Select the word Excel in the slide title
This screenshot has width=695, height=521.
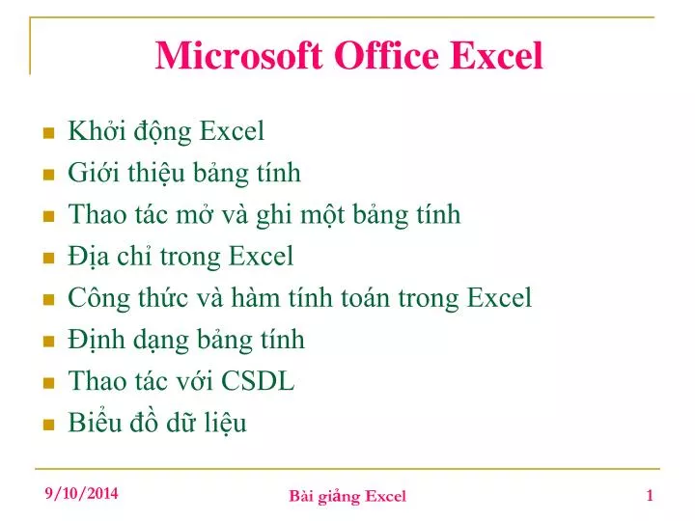click(497, 55)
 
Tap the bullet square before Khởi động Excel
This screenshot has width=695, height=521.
click(47, 133)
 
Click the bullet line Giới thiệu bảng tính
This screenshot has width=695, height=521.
click(184, 173)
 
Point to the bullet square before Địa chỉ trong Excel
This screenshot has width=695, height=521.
click(47, 258)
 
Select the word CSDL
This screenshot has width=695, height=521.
click(258, 381)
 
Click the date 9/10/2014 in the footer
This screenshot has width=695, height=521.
click(82, 493)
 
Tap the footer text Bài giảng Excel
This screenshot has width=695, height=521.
click(347, 496)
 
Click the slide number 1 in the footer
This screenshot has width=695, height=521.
click(650, 495)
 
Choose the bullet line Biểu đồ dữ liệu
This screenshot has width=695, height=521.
click(157, 423)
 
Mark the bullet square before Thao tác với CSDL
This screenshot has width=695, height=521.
click(47, 383)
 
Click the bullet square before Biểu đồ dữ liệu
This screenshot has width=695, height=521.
click(47, 425)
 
